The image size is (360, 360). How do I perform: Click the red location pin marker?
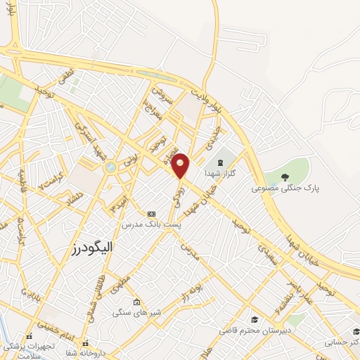181,165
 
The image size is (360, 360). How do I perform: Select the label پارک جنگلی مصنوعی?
284,188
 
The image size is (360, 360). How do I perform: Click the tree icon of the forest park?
284,176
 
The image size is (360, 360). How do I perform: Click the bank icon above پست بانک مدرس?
150,213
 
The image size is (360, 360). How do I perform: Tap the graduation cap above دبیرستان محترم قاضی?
254,319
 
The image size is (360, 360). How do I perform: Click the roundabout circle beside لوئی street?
110,167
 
